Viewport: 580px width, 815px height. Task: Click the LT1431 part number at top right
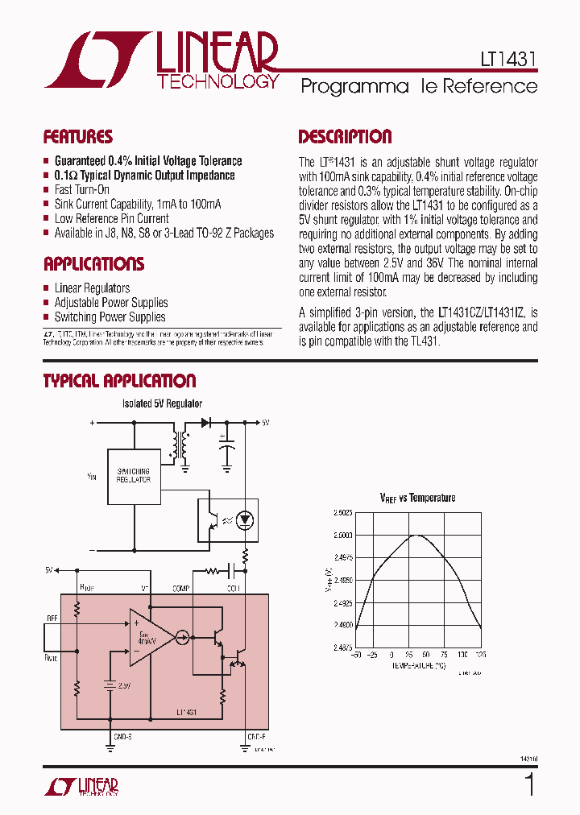504,59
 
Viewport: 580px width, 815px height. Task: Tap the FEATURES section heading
77,137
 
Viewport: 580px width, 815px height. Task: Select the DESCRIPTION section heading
345,137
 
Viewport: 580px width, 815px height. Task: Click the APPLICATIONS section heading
93,264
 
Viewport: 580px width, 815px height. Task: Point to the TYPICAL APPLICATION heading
119,381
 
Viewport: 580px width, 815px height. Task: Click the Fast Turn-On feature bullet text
81,189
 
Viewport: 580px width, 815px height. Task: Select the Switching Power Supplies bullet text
110,317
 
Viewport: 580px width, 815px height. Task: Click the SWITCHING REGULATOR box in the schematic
134,475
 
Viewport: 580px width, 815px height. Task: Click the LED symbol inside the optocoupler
246,520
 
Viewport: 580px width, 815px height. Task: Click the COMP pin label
180,589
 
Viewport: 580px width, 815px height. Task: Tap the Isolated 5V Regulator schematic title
162,403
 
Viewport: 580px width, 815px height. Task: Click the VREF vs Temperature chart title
417,498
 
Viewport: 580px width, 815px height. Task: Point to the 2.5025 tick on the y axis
342,512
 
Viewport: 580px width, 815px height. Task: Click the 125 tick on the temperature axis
481,655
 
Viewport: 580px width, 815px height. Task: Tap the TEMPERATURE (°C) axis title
417,667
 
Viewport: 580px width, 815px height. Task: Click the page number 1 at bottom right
529,784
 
